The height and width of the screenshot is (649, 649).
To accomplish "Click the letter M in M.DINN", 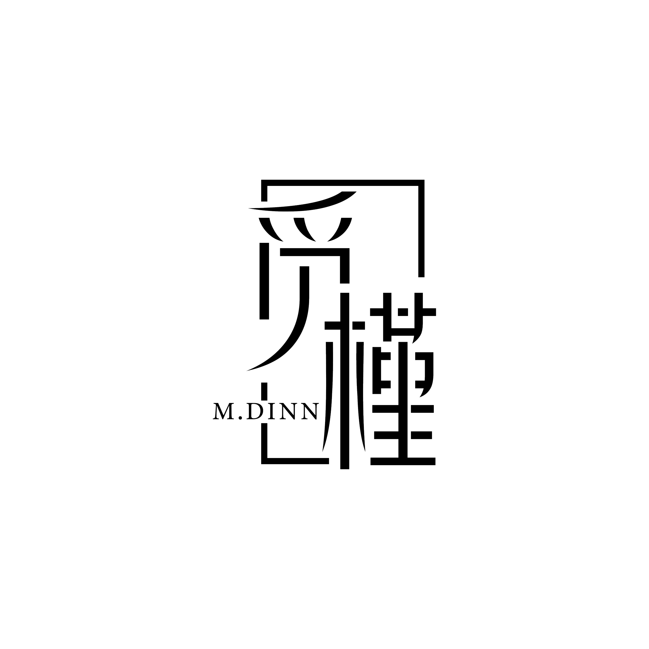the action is click(x=223, y=411).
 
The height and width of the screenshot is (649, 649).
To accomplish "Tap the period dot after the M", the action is click(x=240, y=418).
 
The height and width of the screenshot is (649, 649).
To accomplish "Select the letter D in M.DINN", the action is click(x=255, y=411).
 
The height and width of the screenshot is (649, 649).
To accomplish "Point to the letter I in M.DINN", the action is click(x=271, y=411).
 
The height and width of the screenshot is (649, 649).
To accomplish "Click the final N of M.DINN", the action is click(x=310, y=411).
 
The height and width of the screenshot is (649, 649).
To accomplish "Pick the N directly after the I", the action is click(x=288, y=411).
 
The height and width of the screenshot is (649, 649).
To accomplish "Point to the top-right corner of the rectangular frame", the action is click(x=421, y=183).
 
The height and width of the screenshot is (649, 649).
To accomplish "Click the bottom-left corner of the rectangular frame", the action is click(x=264, y=461).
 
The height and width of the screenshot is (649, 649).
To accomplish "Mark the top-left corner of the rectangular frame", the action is click(x=264, y=183).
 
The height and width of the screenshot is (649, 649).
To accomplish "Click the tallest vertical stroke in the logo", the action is click(x=345, y=386).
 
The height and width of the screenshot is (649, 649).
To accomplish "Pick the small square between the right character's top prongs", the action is click(x=403, y=312).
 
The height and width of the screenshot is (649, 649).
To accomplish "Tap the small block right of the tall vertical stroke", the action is click(x=359, y=326).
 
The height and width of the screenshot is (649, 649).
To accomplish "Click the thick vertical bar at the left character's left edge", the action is click(x=264, y=281).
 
